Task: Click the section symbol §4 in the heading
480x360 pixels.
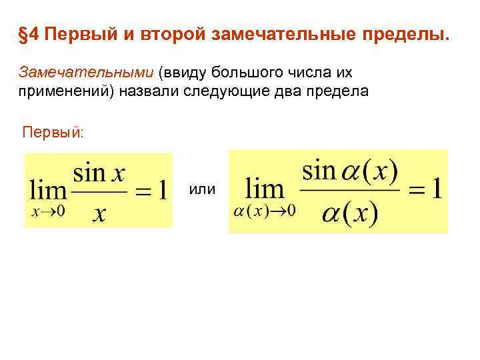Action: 30,35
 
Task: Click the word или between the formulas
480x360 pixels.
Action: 202,190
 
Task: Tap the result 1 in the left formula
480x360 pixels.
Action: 161,191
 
